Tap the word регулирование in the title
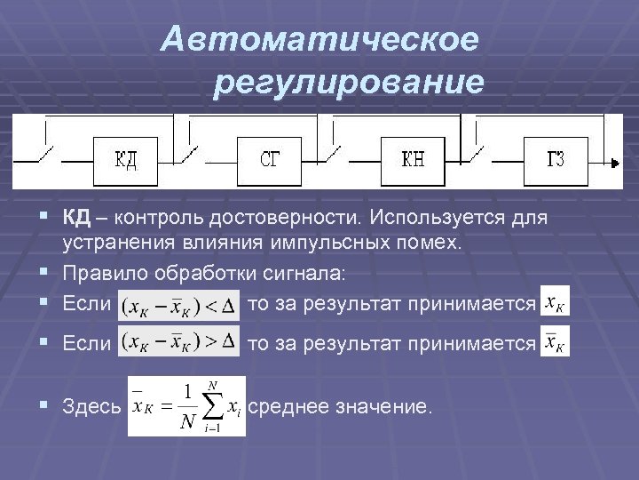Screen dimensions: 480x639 pos(349,84)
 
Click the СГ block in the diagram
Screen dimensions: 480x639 pos(270,161)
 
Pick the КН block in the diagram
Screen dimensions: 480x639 pos(413,161)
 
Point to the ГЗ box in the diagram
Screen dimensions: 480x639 pos(556,161)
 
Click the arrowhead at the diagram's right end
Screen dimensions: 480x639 pos(615,164)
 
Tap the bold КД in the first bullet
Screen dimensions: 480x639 pos(73,219)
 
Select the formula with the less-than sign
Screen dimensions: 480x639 pos(179,304)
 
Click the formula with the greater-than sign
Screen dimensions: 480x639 pos(179,341)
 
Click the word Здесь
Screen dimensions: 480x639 pos(92,407)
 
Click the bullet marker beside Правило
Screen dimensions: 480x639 pos(44,272)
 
